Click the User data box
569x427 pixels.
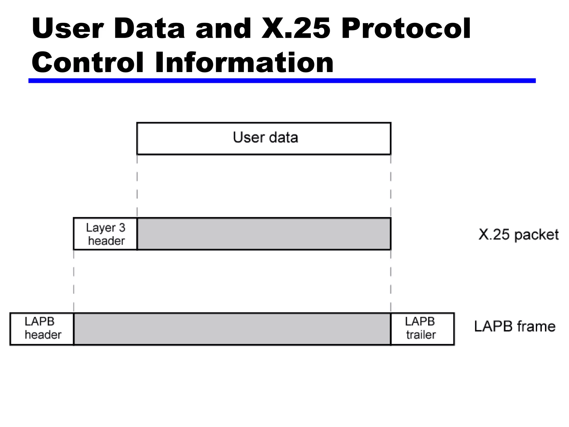coord(264,138)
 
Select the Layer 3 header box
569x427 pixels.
coord(105,234)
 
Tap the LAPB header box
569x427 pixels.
coord(42,329)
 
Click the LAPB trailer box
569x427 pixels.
coord(422,329)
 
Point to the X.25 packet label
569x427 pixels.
coord(518,235)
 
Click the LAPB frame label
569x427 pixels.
coord(515,326)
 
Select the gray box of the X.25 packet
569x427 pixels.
coord(264,234)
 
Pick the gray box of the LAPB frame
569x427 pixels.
coord(232,329)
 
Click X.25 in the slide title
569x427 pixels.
coord(296,28)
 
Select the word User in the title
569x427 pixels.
coord(68,28)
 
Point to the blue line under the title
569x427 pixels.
coord(282,81)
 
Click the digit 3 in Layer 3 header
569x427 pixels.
coord(122,228)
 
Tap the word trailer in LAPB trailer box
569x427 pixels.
coord(421,335)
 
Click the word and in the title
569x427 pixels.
coord(223,28)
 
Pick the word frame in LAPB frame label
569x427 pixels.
coord(536,326)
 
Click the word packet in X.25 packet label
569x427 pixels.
coord(536,235)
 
